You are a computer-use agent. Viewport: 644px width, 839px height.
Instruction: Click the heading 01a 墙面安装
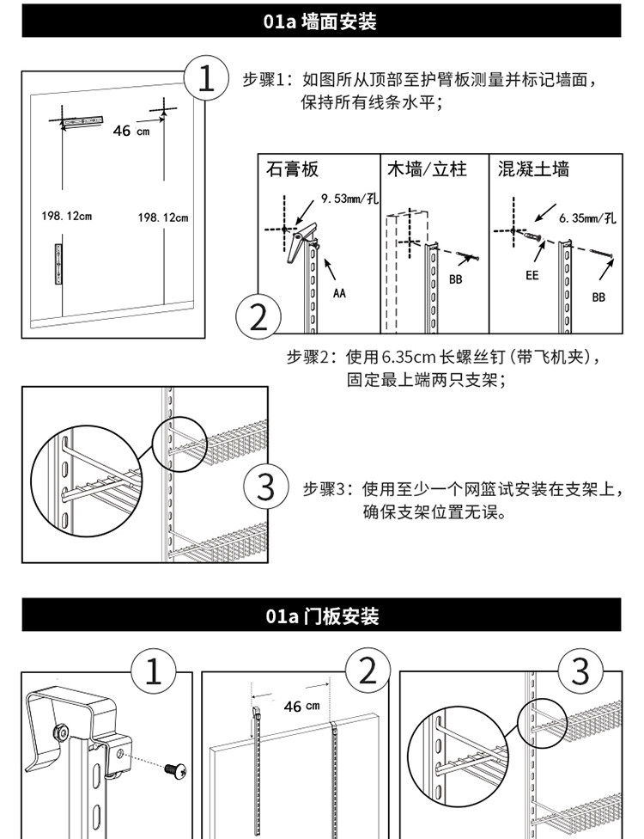tap(319, 21)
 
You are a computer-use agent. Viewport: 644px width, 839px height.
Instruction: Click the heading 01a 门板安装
tap(322, 615)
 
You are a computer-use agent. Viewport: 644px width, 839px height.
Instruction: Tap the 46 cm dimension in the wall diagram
tap(131, 131)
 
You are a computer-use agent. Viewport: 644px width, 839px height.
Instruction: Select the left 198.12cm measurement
tap(67, 216)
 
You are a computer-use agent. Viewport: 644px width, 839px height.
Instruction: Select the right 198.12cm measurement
tap(163, 217)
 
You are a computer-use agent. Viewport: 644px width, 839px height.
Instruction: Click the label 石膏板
tap(292, 169)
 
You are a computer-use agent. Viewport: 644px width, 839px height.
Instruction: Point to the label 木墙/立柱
tap(427, 169)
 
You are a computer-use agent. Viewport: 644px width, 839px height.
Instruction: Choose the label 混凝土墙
tap(533, 169)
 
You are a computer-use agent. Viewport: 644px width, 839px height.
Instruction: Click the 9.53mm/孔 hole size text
tap(349, 199)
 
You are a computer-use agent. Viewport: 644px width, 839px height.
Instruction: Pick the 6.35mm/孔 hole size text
tap(587, 217)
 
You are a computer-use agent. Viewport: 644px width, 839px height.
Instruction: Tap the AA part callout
tap(339, 292)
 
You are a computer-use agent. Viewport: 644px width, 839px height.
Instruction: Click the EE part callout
tap(532, 275)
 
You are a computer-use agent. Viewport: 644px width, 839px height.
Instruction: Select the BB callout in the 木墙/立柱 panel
tap(455, 279)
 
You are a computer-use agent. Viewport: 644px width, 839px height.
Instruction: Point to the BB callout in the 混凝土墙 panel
tap(598, 297)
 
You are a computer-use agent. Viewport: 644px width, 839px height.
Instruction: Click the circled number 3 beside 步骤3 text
tap(265, 487)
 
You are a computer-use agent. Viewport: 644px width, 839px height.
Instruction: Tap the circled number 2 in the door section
tap(368, 670)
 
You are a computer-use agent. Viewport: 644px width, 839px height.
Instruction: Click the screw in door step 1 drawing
tap(175, 770)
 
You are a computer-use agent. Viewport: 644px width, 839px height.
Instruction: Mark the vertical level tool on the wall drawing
tap(58, 264)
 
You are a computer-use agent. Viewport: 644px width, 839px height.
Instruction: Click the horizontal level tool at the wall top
tap(82, 121)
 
